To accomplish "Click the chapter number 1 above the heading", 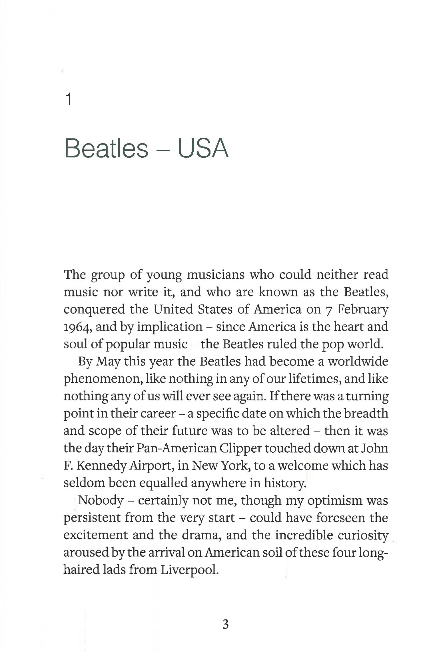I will tap(69, 100).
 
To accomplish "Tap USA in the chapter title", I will tap(203, 149).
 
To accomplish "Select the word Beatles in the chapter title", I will tap(106, 149).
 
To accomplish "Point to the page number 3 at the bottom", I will tap(225, 624).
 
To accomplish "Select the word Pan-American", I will tap(177, 448).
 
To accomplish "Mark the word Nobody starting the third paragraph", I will tap(101, 500).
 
